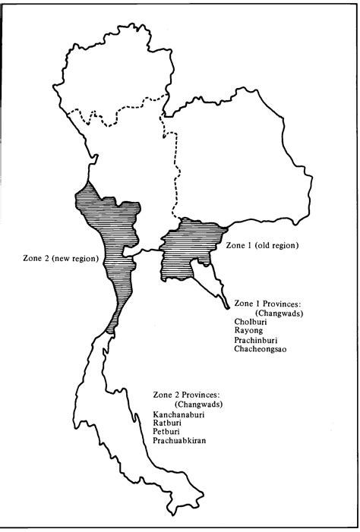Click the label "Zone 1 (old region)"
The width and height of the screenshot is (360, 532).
pos(261,246)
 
